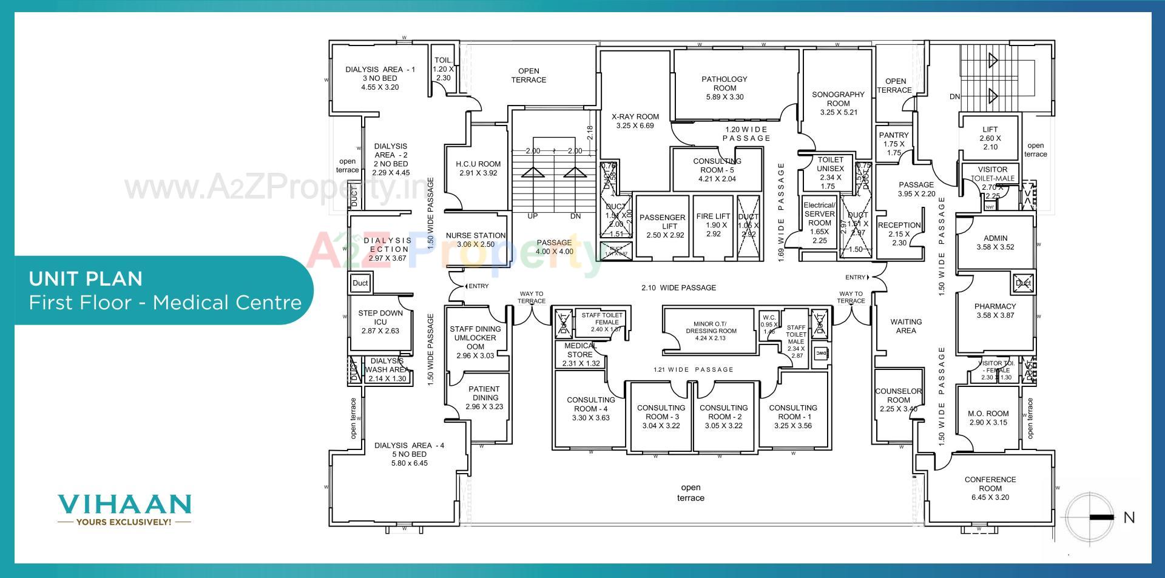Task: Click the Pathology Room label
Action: (724, 84)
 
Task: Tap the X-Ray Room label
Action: (635, 116)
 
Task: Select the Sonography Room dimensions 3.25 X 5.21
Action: (838, 112)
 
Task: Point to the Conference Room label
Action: (990, 484)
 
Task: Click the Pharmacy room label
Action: (994, 306)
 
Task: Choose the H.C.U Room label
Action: (478, 164)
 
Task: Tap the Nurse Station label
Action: (475, 235)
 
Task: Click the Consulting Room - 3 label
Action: (661, 412)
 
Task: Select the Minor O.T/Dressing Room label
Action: (711, 328)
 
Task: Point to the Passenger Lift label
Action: (662, 221)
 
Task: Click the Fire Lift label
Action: (713, 216)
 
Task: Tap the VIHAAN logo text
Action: (124, 504)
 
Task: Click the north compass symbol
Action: (1090, 517)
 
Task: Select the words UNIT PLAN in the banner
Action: (86, 278)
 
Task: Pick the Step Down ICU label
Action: (380, 317)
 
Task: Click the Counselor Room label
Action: (898, 395)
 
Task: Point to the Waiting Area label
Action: (905, 326)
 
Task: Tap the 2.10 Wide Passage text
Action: (678, 287)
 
